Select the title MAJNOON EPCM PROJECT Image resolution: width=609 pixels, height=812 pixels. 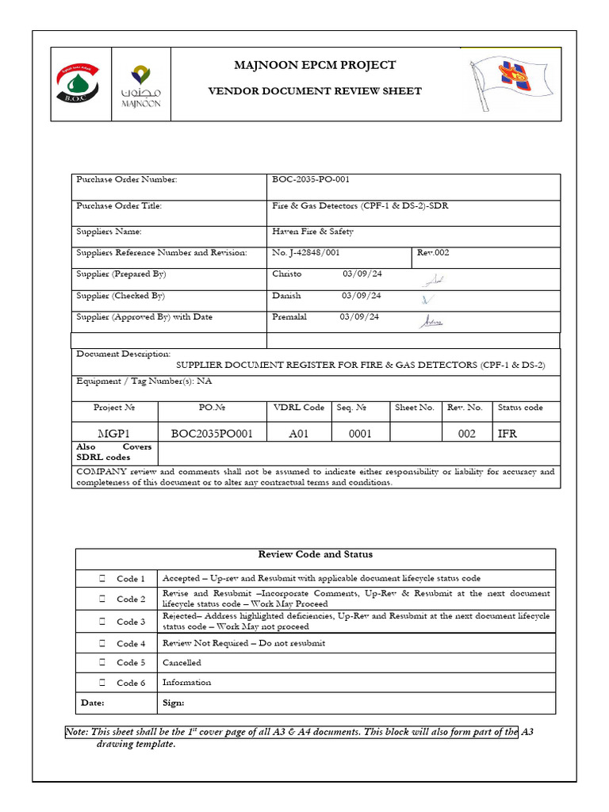(x=315, y=65)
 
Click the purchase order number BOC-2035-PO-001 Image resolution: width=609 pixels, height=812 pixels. (x=311, y=180)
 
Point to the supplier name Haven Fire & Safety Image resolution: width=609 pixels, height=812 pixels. (x=312, y=232)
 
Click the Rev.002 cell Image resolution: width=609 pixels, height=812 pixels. (x=433, y=253)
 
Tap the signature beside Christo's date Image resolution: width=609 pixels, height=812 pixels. (x=433, y=280)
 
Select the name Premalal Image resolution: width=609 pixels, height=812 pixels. (x=289, y=317)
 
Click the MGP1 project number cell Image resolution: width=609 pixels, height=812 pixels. (x=114, y=433)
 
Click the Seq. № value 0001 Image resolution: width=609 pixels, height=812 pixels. (x=362, y=433)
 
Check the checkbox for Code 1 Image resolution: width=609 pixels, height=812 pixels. (x=103, y=579)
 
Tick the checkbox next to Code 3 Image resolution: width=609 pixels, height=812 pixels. (x=103, y=622)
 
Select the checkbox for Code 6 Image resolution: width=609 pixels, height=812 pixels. (x=103, y=683)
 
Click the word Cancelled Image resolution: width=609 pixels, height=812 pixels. (x=182, y=663)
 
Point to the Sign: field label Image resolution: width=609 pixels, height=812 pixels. (x=174, y=703)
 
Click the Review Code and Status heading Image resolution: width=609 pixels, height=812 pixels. (x=315, y=554)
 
